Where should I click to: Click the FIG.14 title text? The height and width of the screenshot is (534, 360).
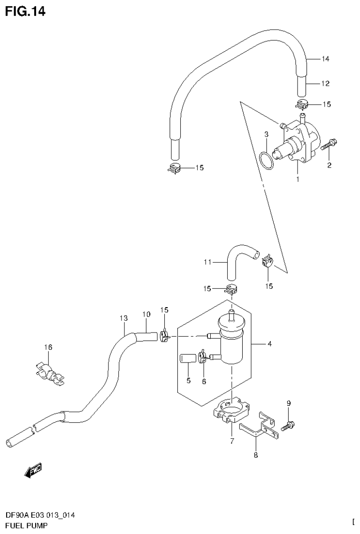(25, 11)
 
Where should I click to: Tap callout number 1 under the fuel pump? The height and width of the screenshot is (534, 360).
(297, 179)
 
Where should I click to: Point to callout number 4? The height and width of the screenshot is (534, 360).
(269, 345)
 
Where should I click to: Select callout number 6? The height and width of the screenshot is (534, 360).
(204, 381)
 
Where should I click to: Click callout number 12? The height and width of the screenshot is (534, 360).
(325, 84)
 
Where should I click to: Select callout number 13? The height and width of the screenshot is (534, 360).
(123, 318)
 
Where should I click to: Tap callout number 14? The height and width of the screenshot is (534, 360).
(325, 59)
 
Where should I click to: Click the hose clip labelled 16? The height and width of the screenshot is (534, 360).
(50, 372)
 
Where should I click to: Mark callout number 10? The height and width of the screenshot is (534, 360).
(146, 314)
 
